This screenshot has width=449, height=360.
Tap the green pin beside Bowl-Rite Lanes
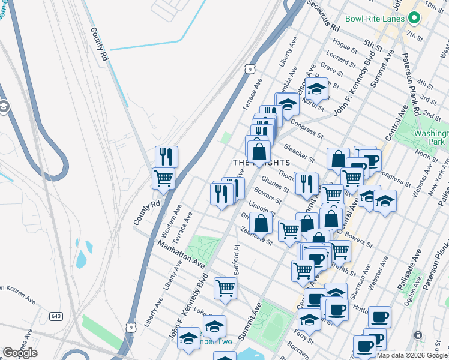414,19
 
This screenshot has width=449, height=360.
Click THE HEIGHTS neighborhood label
261,163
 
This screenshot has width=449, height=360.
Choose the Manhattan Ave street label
181,255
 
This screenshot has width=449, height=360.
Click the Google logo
20,352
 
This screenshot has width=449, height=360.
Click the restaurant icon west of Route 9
166,157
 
